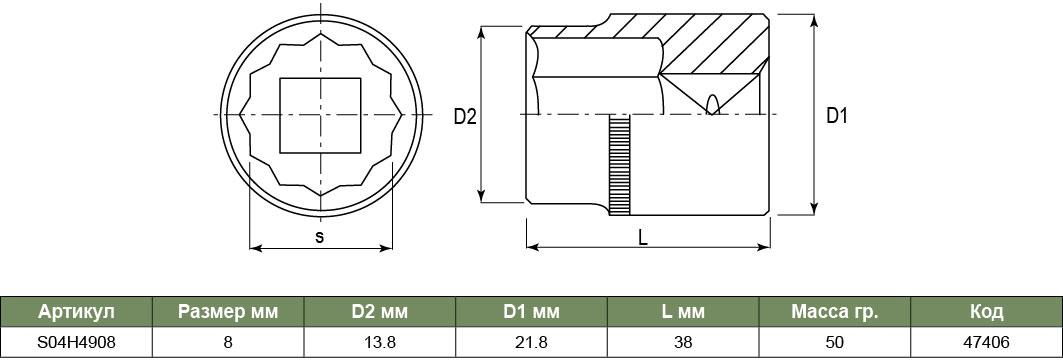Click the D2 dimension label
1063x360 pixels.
point(465,117)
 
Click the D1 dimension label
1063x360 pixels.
point(837,116)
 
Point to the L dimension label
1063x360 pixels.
point(643,237)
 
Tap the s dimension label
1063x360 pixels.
point(320,237)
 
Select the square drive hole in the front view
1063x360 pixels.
point(320,115)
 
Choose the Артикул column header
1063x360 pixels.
point(77,312)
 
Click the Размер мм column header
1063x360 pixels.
point(228,312)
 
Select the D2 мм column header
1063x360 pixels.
point(380,312)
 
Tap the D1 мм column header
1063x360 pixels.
point(532,312)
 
